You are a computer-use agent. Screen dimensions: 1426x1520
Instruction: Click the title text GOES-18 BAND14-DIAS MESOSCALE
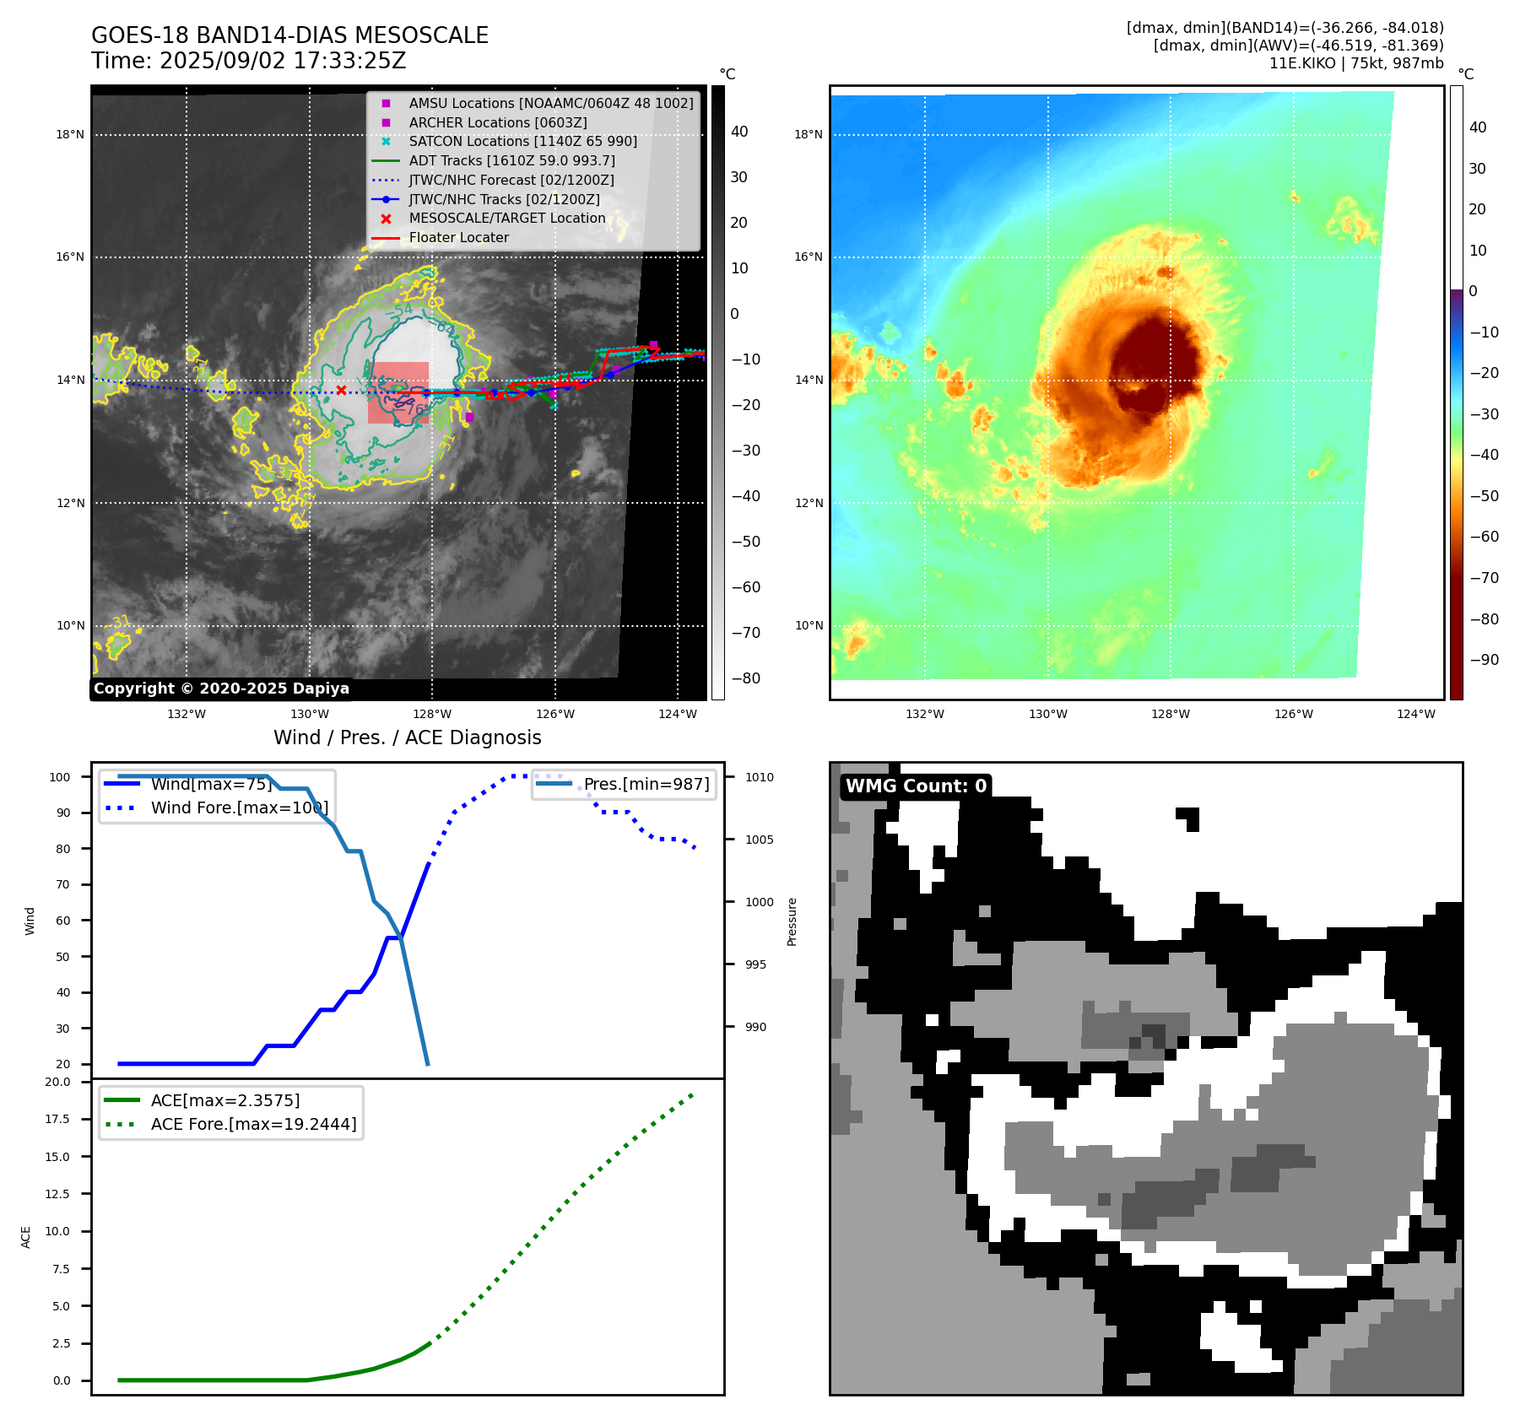289,35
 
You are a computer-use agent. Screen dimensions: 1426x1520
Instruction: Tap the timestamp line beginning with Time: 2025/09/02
249,61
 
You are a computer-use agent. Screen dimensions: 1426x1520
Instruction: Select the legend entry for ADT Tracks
511,160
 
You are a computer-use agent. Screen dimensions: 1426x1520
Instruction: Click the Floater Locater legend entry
458,238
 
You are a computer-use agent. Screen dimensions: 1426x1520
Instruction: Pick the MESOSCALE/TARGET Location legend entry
506,219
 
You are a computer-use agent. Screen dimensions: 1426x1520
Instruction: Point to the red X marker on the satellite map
341,390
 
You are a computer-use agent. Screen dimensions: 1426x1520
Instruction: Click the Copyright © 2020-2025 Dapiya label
221,689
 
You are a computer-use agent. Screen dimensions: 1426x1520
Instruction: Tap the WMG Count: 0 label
916,786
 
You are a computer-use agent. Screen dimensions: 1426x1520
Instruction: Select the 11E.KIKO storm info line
1355,63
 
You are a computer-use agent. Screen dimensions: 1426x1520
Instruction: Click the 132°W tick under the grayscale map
187,714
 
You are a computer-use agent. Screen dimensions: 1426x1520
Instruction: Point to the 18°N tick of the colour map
808,134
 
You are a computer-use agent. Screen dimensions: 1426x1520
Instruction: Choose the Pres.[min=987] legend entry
646,784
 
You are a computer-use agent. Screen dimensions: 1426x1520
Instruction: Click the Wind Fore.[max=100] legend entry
239,808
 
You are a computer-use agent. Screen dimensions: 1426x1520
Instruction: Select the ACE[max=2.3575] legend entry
225,1100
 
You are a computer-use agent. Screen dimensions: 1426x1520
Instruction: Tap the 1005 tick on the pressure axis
759,840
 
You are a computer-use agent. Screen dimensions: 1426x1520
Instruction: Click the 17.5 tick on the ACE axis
57,1119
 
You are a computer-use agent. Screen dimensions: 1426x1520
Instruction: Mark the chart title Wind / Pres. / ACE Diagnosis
407,737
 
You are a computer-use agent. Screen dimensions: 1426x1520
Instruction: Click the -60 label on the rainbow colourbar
1484,537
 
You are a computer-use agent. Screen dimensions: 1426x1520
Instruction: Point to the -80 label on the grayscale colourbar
745,678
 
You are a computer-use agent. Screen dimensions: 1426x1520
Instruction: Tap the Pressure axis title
792,921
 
